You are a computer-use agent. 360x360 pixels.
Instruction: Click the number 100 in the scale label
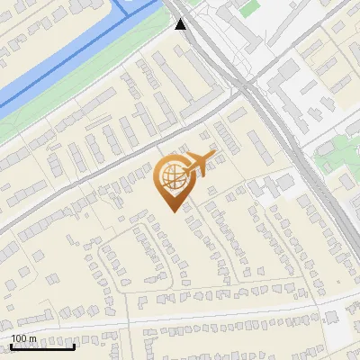(x=20, y=338)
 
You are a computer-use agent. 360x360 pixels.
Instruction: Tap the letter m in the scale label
(x=32, y=338)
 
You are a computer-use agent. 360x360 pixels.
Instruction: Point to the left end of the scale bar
(x=12, y=346)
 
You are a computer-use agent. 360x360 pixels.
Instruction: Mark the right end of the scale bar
(x=75, y=346)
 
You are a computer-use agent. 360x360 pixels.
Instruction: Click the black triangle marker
(x=182, y=24)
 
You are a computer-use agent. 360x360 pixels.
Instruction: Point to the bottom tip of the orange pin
(x=172, y=211)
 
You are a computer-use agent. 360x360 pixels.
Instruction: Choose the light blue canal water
(x=54, y=63)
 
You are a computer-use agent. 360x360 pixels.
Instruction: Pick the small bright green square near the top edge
(x=253, y=11)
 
